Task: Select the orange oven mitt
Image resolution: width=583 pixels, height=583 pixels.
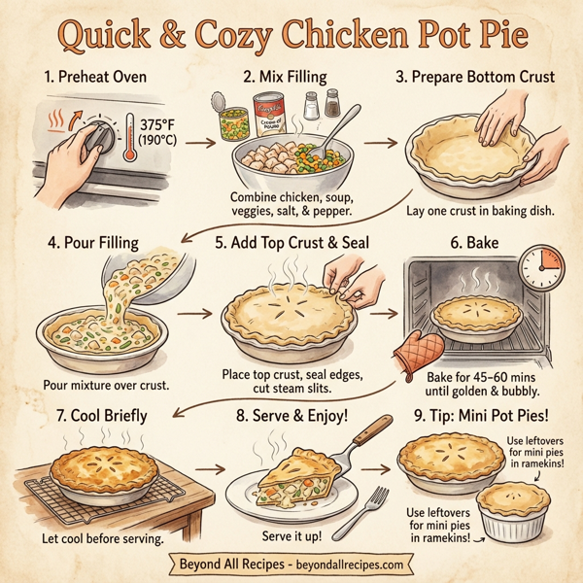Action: [418, 351]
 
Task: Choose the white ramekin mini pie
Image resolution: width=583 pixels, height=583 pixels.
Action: [517, 513]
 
